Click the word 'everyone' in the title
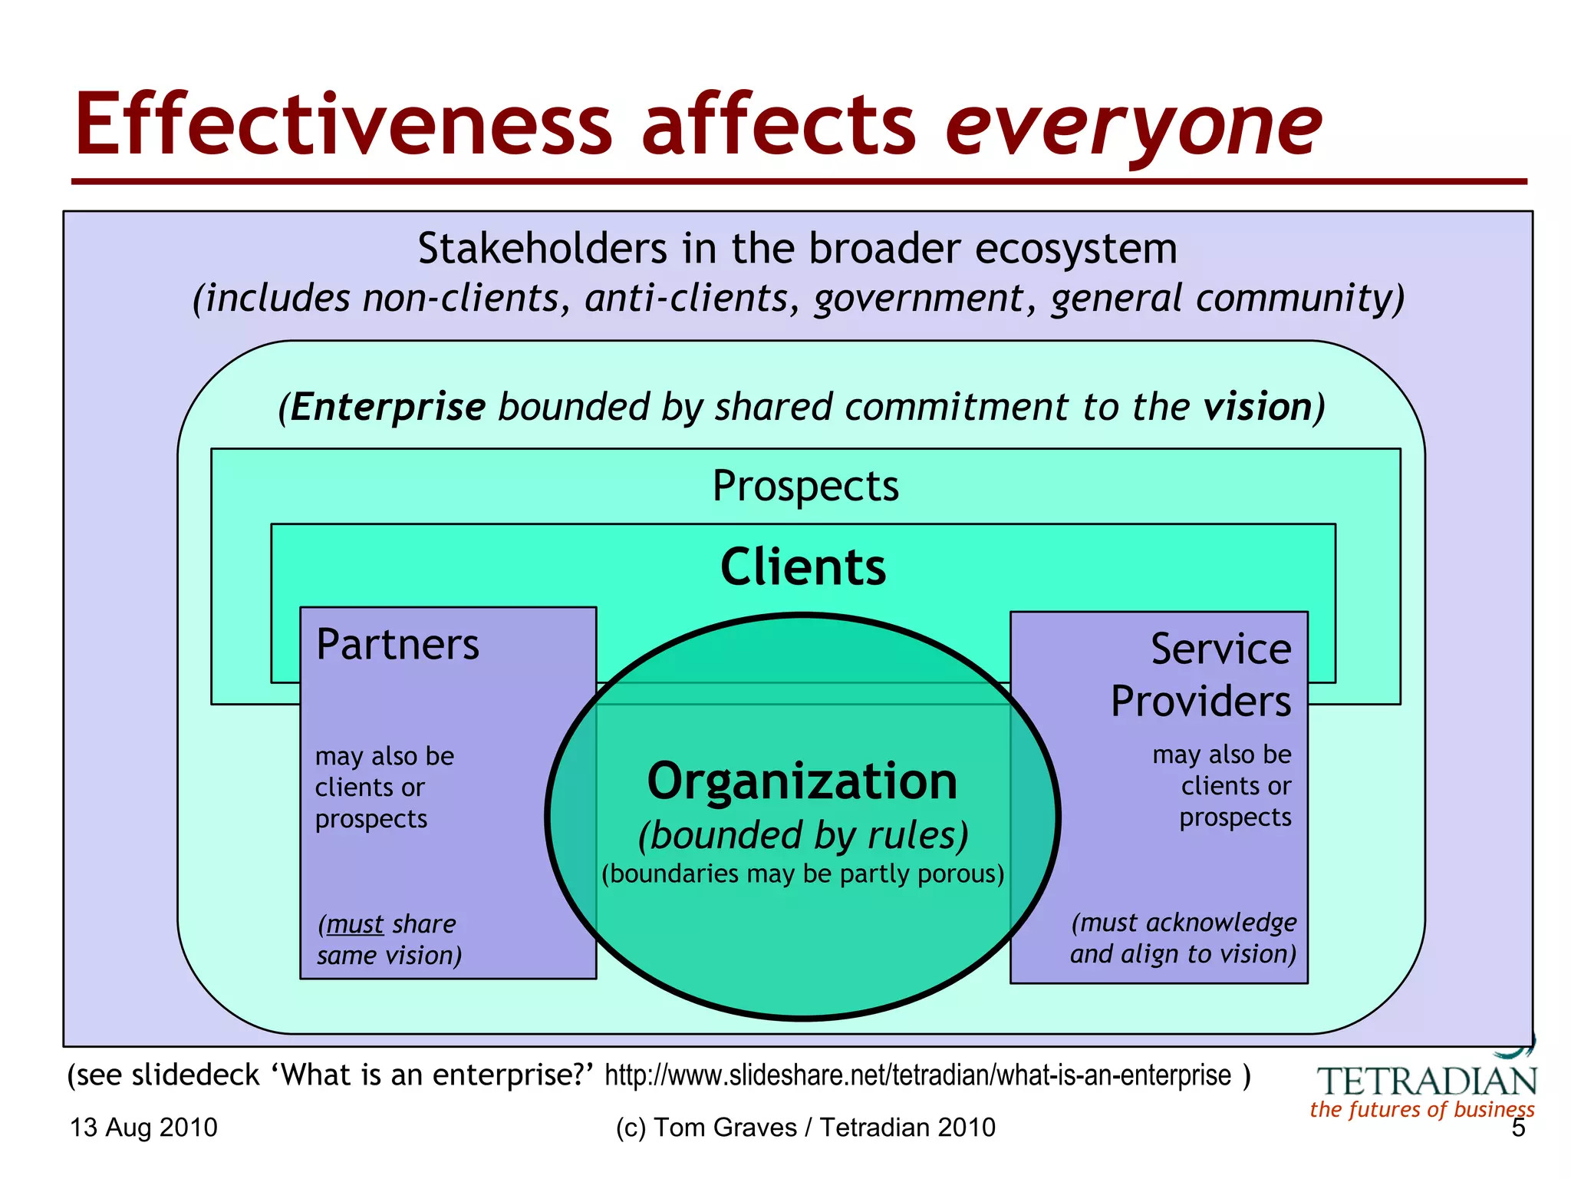[x=1133, y=127]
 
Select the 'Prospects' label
[x=805, y=486]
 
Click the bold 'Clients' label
[x=803, y=567]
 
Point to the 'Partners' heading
[x=397, y=644]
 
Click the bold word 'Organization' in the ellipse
[x=802, y=781]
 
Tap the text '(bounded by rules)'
[x=803, y=835]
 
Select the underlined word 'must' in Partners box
[x=354, y=924]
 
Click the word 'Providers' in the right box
[x=1200, y=701]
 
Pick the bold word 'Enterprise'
[x=388, y=407]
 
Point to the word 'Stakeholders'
[x=542, y=249]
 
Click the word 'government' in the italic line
[x=919, y=298]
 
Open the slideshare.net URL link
[x=917, y=1075]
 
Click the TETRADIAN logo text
[x=1427, y=1082]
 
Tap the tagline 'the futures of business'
[x=1422, y=1110]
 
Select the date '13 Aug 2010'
[x=143, y=1128]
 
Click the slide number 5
[x=1518, y=1128]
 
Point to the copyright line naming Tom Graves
[x=805, y=1128]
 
